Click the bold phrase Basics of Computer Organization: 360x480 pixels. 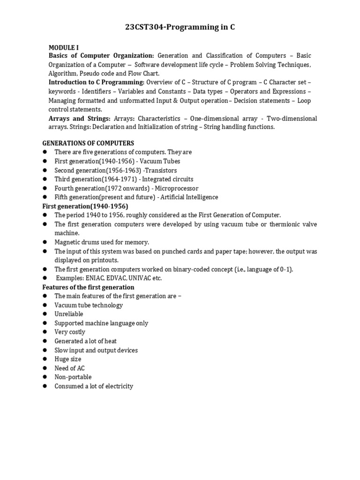point(101,56)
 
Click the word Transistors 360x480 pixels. point(161,170)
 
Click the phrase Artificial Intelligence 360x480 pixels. point(189,197)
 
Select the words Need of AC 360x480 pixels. point(69,368)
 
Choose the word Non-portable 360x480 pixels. point(73,377)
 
